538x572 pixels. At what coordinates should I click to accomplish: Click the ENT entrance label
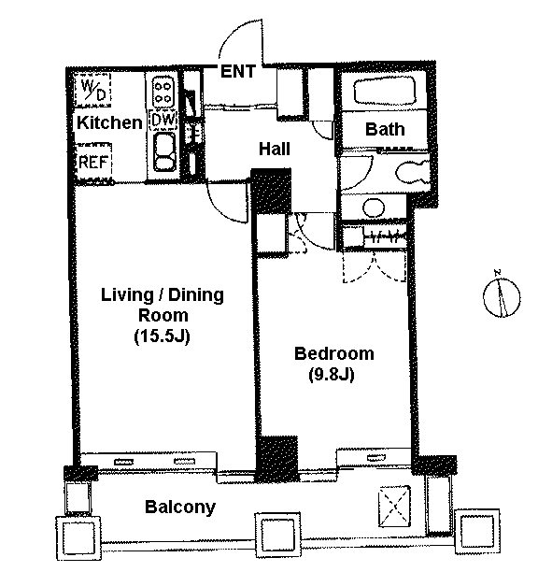(x=237, y=71)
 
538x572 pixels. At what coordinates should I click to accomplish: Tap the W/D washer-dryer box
(x=92, y=90)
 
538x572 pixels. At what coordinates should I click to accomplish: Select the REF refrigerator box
(x=93, y=162)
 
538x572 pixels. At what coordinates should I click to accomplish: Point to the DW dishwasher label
(x=163, y=120)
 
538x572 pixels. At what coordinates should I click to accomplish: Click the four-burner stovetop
(x=163, y=92)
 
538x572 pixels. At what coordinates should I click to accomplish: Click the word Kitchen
(x=109, y=122)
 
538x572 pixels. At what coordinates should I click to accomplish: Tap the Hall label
(x=274, y=149)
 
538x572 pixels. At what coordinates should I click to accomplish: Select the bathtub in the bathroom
(x=385, y=91)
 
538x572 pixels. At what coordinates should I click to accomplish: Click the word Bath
(x=385, y=129)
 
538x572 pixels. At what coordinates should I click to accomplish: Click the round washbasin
(x=374, y=207)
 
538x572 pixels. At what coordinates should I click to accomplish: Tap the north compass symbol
(x=502, y=296)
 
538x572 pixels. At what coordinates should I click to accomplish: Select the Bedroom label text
(x=334, y=353)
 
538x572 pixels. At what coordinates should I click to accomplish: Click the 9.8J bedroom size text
(x=332, y=374)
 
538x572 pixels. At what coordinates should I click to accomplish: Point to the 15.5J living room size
(x=163, y=336)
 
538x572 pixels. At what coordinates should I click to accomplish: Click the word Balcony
(x=180, y=508)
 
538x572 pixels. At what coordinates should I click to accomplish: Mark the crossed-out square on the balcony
(x=394, y=507)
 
